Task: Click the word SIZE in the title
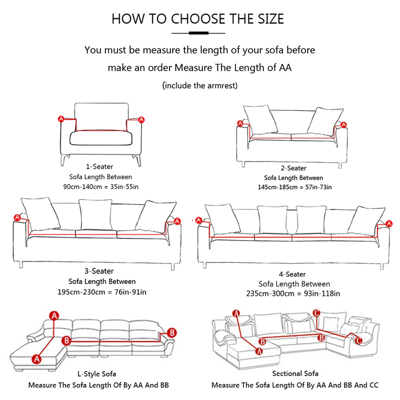click(266, 19)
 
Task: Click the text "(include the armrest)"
click(200, 85)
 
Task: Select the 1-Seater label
click(100, 166)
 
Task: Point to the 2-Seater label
click(293, 168)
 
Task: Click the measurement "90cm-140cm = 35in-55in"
click(100, 187)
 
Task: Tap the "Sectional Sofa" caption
click(295, 373)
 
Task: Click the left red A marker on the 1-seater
click(61, 119)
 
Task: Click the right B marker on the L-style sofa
click(171, 332)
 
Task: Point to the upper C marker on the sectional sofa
click(316, 313)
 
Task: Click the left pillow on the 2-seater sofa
click(260, 119)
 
